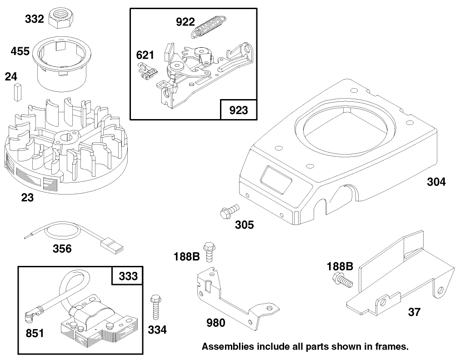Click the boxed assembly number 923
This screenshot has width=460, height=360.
pos(238,110)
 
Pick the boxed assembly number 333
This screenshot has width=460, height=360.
pos(127,275)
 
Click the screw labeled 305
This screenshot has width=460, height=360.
pos(228,211)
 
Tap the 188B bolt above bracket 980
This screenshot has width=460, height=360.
pos(209,250)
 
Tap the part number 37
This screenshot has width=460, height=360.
pos(414,312)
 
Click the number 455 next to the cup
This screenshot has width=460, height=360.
pos(20,51)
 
